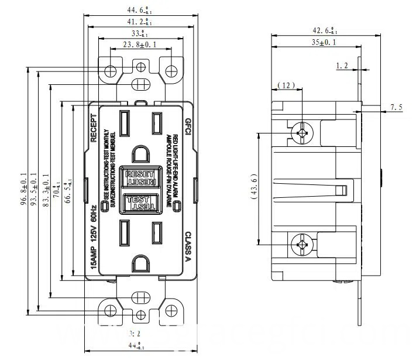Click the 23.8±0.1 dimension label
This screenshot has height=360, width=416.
click(x=140, y=44)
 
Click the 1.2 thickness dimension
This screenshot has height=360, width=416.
click(x=342, y=66)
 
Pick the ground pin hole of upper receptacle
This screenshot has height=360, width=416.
click(x=140, y=154)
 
